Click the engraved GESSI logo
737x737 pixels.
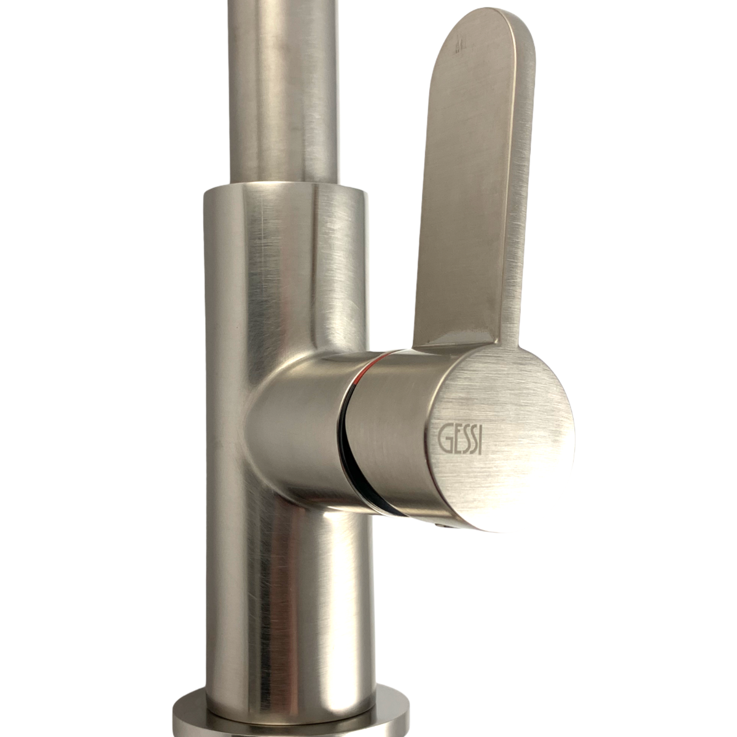(x=460, y=440)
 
